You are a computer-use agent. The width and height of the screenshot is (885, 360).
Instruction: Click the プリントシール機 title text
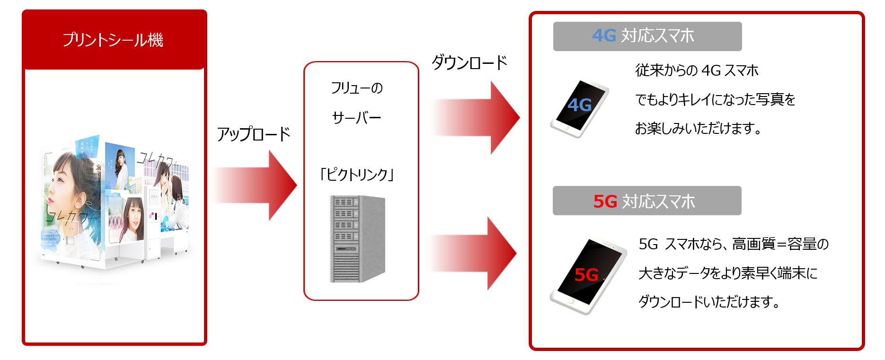tap(113, 40)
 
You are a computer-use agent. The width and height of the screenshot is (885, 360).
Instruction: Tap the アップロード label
tap(253, 134)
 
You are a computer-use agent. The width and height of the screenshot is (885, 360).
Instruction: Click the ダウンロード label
tap(469, 62)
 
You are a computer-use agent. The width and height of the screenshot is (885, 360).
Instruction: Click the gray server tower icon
tap(357, 239)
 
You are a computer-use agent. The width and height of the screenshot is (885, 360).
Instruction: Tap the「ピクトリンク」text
tap(357, 175)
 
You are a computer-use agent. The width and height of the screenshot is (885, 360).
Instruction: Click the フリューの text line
tap(356, 88)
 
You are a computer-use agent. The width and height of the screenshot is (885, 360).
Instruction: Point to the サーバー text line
tap(356, 117)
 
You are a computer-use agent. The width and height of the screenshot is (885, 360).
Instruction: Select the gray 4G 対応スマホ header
tap(647, 36)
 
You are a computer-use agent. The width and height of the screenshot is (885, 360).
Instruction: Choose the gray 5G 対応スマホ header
tap(646, 201)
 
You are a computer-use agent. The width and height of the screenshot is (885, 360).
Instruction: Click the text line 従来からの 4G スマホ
tap(697, 70)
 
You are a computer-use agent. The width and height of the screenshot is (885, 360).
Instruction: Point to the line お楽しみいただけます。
tap(698, 128)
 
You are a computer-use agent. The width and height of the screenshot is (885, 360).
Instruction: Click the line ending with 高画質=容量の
tap(734, 244)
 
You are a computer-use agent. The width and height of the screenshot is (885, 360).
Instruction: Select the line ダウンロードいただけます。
tap(709, 302)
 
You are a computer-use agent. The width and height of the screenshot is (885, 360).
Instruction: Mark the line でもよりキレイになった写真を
tap(715, 99)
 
